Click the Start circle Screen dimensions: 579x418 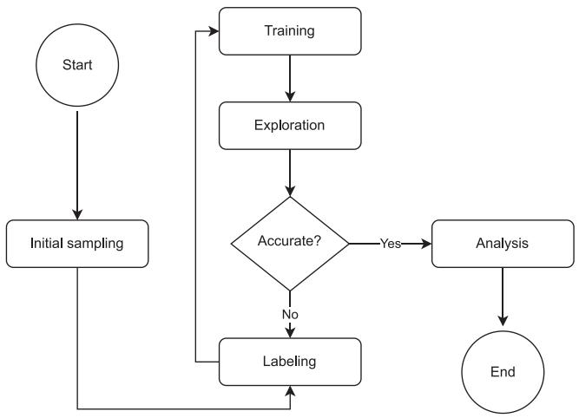[x=77, y=65]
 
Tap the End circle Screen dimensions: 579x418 [x=503, y=372]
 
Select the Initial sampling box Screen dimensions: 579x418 [x=77, y=244]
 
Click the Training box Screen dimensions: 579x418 [x=290, y=31]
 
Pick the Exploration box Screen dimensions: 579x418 [x=290, y=126]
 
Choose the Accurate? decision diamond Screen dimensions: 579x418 [x=290, y=244]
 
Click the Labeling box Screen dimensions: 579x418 [x=290, y=362]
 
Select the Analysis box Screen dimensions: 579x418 [x=503, y=244]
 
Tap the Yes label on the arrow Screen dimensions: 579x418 [x=391, y=244]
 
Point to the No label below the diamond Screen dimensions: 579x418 [x=290, y=314]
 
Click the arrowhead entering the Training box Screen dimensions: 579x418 [x=214, y=31]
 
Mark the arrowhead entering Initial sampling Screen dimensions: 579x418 [x=77, y=215]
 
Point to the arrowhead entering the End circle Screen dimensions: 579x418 [x=503, y=321]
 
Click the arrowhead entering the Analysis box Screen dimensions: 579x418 [x=426, y=244]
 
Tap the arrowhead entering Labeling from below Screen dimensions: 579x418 [x=290, y=391]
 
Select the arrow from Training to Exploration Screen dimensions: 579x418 [x=290, y=78]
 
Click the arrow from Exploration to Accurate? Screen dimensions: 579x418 [x=290, y=173]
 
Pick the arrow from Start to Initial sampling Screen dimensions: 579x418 [x=77, y=166]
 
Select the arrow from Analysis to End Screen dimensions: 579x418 [x=503, y=297]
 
